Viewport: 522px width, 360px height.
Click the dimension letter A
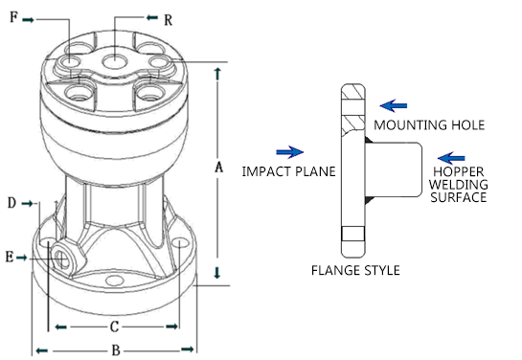click(218, 167)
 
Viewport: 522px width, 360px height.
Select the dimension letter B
click(116, 350)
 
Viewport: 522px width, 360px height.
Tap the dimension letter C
click(114, 326)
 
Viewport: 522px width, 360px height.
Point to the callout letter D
click(12, 203)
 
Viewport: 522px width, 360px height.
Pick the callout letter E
click(10, 257)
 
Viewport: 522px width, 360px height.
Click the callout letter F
click(13, 17)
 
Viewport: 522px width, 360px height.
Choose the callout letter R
click(169, 20)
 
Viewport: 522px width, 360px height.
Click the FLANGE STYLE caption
click(355, 270)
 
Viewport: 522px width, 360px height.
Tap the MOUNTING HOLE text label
click(429, 125)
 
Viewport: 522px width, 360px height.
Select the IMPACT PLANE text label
click(288, 171)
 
